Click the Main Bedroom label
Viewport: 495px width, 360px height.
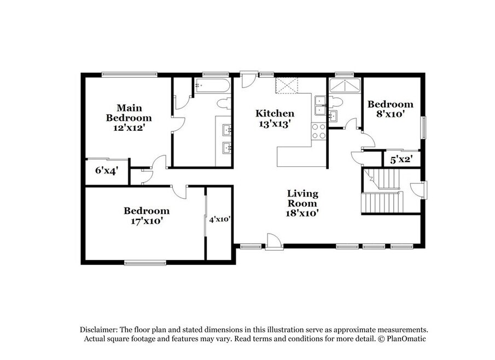point(129,118)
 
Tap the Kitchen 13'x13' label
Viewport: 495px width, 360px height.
point(275,118)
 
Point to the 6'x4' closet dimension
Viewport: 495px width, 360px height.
point(107,171)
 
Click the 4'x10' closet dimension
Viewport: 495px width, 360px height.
point(220,219)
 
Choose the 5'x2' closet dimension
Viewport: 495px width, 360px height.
point(401,160)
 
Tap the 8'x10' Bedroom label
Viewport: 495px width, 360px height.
point(390,109)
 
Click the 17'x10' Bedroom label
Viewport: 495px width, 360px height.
point(147,216)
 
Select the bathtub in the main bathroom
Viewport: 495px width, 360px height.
point(212,85)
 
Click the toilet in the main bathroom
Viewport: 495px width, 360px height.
point(224,103)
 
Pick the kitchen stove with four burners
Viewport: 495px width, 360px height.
point(318,131)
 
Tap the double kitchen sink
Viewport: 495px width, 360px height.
point(321,105)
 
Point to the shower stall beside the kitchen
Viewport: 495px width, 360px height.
point(345,86)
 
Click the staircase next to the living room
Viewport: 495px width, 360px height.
point(383,191)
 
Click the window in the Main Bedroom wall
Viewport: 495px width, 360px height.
point(130,74)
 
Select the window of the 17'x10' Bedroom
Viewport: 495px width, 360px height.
point(145,263)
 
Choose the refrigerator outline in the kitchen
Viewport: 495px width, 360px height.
point(286,85)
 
